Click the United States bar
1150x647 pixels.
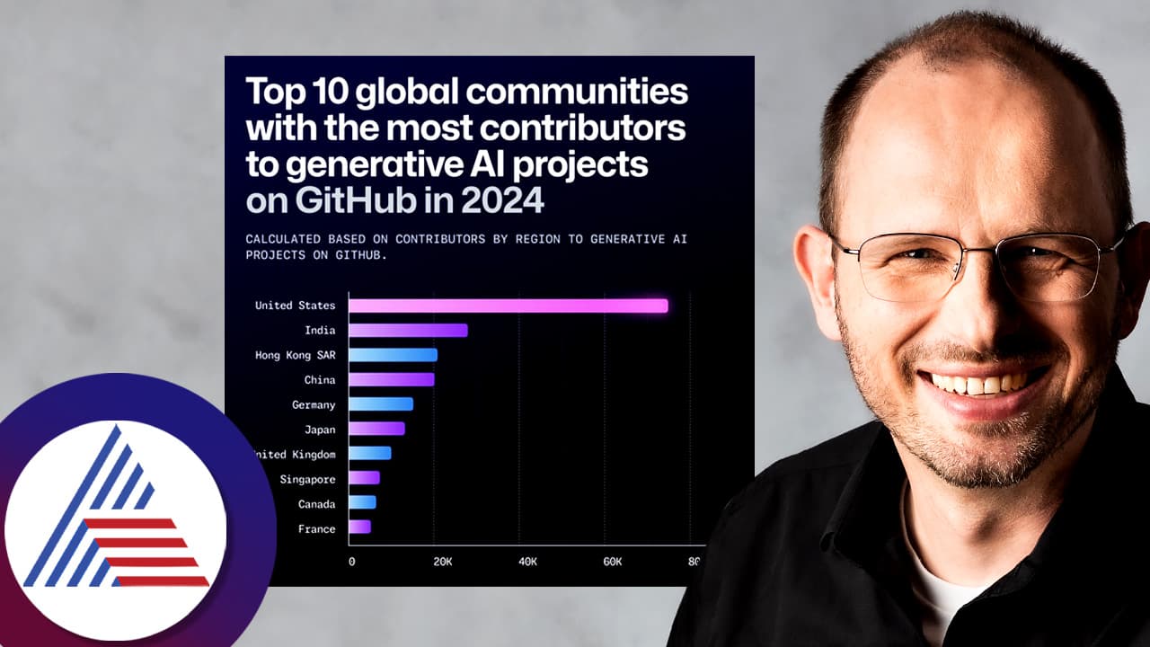pyautogui.click(x=508, y=306)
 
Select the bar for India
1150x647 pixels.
pyautogui.click(x=408, y=330)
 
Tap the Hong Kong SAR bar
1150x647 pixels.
pyautogui.click(x=393, y=355)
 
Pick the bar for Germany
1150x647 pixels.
pyautogui.click(x=381, y=404)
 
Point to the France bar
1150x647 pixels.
pyautogui.click(x=359, y=527)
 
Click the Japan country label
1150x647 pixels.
pyautogui.click(x=320, y=429)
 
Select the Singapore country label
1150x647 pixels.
pyautogui.click(x=307, y=479)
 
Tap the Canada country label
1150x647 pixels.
pyautogui.click(x=317, y=504)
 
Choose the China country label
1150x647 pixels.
pyautogui.click(x=320, y=379)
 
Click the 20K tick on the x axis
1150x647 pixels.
pyautogui.click(x=442, y=562)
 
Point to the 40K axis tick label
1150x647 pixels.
pyautogui.click(x=527, y=562)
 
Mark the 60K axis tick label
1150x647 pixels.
pyautogui.click(x=613, y=562)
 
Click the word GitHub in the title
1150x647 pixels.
pyautogui.click(x=345, y=200)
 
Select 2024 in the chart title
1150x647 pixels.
pyautogui.click(x=503, y=200)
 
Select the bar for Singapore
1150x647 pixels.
pyautogui.click(x=364, y=477)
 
